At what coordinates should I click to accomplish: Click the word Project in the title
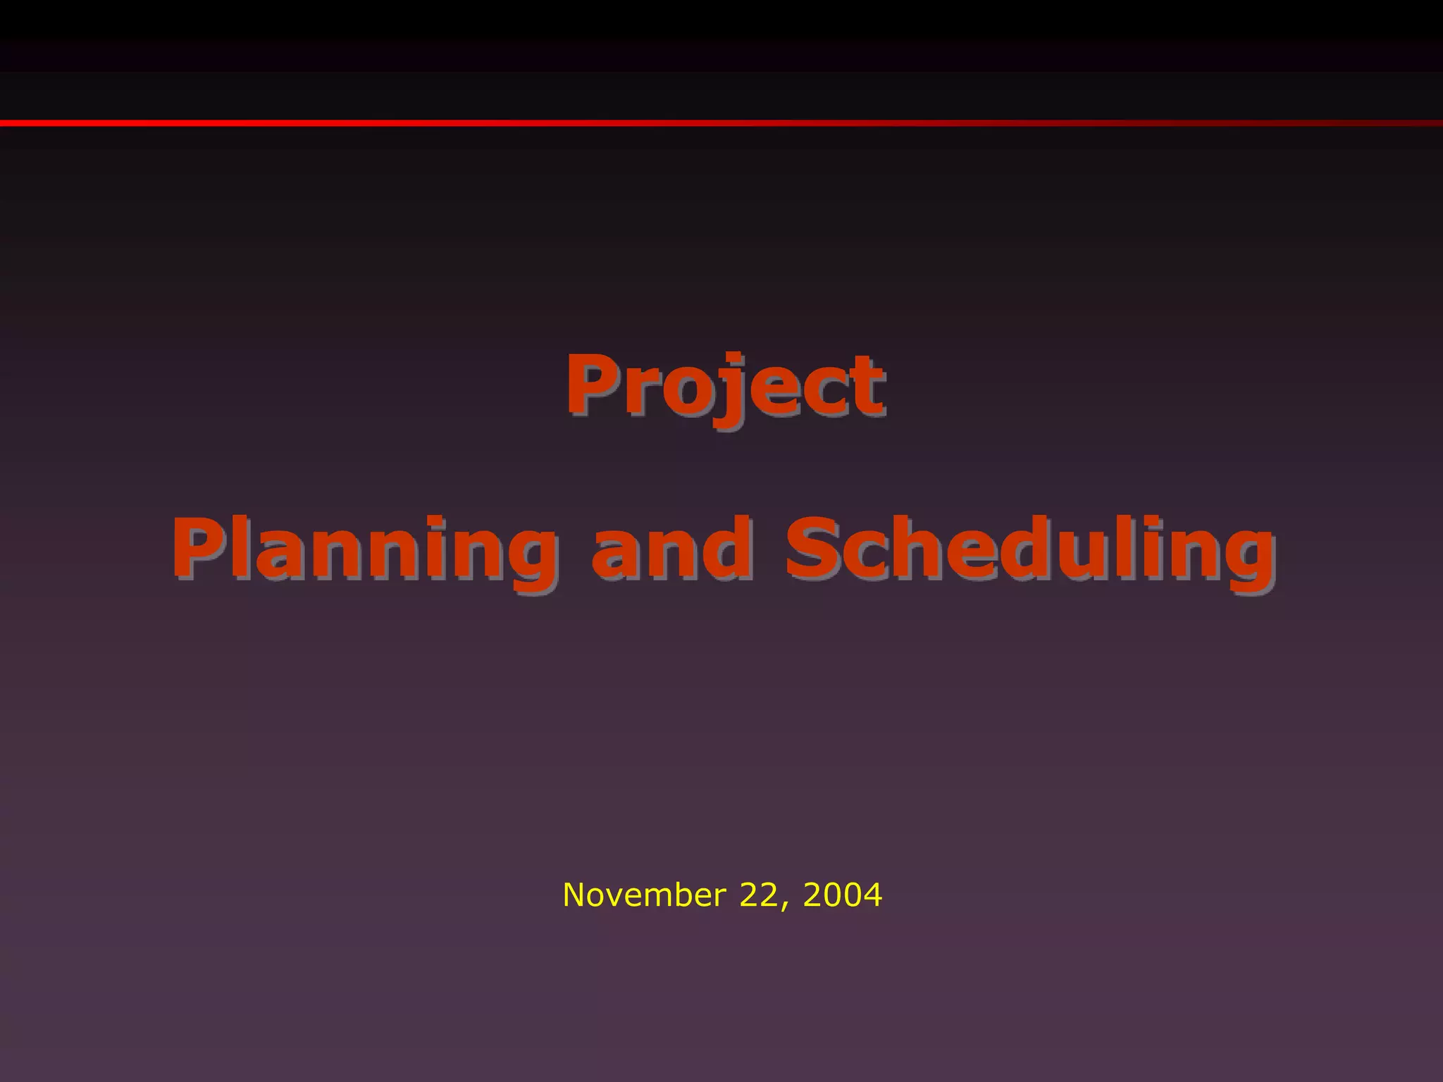point(724,385)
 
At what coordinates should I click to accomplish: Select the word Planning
point(364,549)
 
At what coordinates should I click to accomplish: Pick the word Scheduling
point(1030,549)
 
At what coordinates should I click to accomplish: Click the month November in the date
point(644,895)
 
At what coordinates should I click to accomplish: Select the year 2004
point(842,895)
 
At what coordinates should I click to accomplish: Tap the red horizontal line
point(721,123)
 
